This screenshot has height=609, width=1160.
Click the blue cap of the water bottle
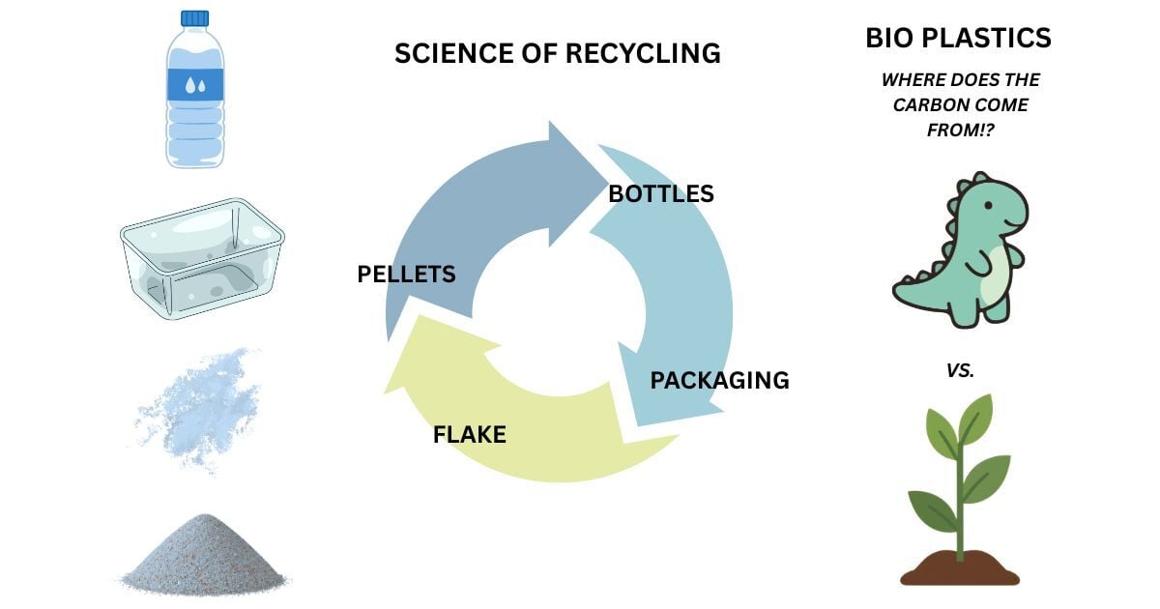point(194,18)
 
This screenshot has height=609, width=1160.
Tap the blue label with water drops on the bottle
point(195,84)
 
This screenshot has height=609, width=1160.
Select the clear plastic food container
point(202,258)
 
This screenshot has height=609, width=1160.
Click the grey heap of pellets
point(205,554)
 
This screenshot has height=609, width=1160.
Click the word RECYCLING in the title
point(643,53)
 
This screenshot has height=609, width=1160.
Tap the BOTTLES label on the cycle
point(661,193)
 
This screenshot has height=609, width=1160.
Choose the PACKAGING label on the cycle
point(719,380)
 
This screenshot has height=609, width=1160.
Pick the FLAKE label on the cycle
point(469,434)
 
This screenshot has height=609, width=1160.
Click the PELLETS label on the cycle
point(407,274)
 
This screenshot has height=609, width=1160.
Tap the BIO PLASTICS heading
point(958,38)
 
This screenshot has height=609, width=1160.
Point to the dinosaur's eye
point(988,206)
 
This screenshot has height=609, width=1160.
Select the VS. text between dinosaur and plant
point(960,370)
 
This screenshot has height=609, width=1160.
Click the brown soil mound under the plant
point(960,568)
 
